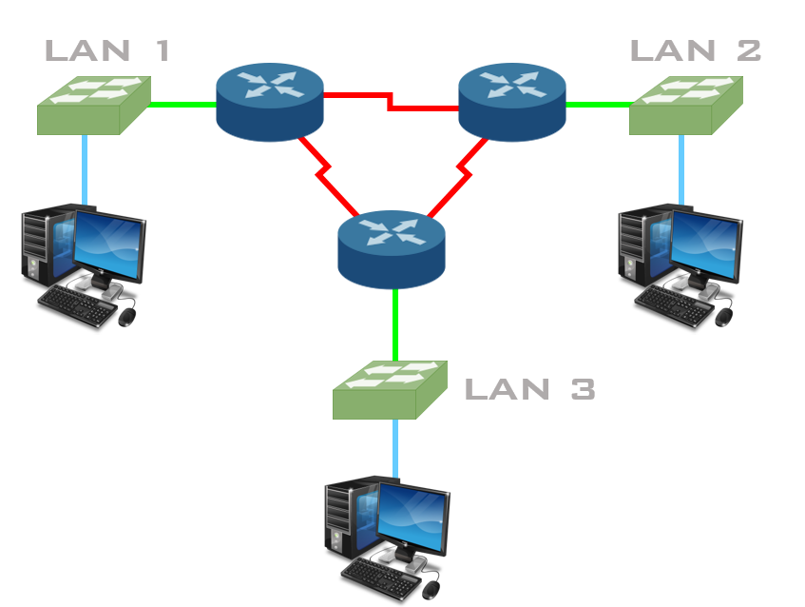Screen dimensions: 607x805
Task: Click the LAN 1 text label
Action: pyautogui.click(x=107, y=50)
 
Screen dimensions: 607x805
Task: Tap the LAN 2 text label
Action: pyautogui.click(x=696, y=50)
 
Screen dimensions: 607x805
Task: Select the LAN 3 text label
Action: pyautogui.click(x=529, y=388)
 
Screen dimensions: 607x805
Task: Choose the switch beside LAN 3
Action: pyautogui.click(x=390, y=390)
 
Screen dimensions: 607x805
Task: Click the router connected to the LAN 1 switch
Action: pyautogui.click(x=270, y=102)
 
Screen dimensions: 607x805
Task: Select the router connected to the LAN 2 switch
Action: pyautogui.click(x=512, y=102)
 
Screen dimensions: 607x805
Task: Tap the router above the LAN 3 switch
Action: pyautogui.click(x=391, y=249)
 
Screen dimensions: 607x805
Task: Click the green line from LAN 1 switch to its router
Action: pyautogui.click(x=182, y=104)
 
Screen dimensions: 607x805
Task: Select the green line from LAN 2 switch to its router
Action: pyautogui.click(x=597, y=104)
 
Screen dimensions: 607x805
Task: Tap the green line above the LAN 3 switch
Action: pyautogui.click(x=394, y=324)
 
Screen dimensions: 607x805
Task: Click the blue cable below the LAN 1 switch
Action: pyautogui.click(x=85, y=168)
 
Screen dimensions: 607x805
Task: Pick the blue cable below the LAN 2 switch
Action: pyautogui.click(x=680, y=168)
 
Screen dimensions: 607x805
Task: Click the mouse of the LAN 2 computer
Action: pyautogui.click(x=724, y=317)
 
